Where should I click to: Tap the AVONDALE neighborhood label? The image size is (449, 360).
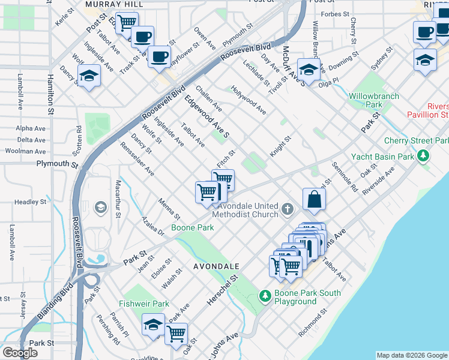[216, 265]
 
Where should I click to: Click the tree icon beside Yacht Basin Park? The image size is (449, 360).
[424, 157]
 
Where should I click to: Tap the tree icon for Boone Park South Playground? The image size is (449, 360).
[265, 296]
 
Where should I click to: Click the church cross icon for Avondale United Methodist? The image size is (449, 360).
[288, 209]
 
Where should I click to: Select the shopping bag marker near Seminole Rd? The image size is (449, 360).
[314, 199]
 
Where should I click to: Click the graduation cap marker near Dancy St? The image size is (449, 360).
[89, 76]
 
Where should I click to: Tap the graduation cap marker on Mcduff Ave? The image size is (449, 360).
[309, 70]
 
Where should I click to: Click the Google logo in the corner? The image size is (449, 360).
[20, 353]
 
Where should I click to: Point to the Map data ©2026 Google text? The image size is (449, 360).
[411, 355]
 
